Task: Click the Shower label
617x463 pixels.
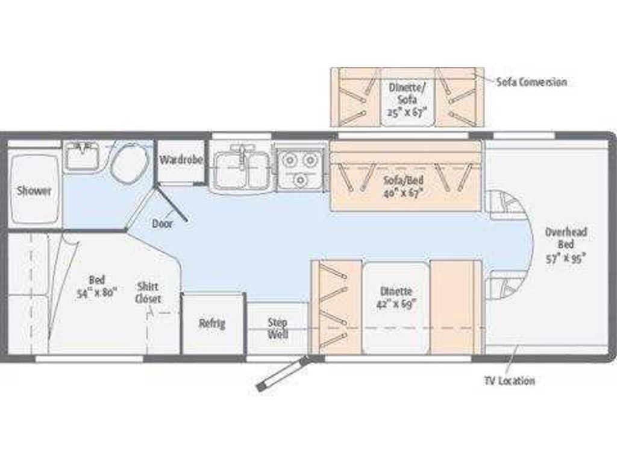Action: click(34, 191)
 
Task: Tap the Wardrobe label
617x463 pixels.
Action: click(181, 160)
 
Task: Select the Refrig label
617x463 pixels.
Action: click(212, 324)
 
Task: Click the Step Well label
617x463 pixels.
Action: click(278, 329)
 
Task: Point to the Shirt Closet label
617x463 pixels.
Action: click(148, 293)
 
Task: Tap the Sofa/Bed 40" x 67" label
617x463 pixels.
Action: click(404, 187)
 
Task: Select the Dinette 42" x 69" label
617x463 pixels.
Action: click(396, 298)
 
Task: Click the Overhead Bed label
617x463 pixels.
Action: click(566, 238)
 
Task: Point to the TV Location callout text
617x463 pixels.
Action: click(510, 381)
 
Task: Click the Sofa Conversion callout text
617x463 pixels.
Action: click(531, 82)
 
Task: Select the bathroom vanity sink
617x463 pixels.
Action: click(82, 156)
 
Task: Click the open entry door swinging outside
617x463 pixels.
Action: click(282, 374)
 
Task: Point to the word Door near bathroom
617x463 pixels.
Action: click(162, 224)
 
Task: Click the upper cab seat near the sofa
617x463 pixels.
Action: click(507, 204)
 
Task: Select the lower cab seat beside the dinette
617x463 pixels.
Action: click(507, 284)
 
